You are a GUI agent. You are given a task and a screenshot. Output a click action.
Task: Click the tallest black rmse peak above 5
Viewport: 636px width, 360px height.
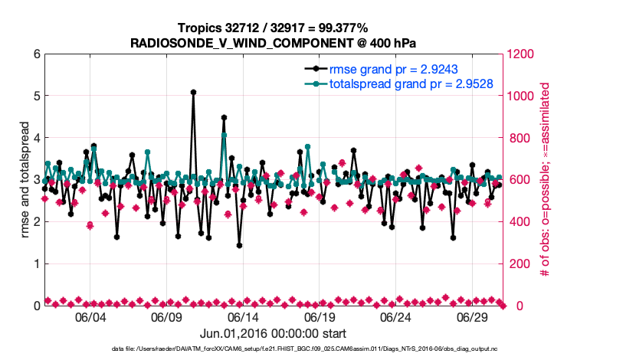193,92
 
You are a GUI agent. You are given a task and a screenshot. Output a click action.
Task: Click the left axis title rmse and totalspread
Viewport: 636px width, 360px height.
23,180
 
